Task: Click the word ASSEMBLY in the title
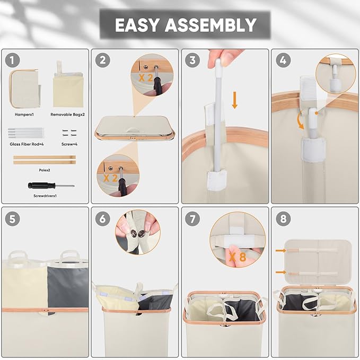pyautogui.click(x=210, y=25)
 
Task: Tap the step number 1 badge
pyautogui.click(x=12, y=60)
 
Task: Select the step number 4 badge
pyautogui.click(x=283, y=60)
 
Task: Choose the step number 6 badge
pyautogui.click(x=103, y=218)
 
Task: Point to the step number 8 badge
pyautogui.click(x=283, y=218)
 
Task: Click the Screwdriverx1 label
pyautogui.click(x=45, y=196)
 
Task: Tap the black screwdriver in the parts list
pyautogui.click(x=51, y=185)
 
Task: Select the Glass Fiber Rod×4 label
pyautogui.click(x=27, y=144)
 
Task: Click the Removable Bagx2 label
pyautogui.click(x=67, y=115)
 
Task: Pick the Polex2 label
pyautogui.click(x=45, y=170)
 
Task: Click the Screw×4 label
pyautogui.click(x=69, y=144)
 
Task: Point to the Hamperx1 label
pyautogui.click(x=24, y=115)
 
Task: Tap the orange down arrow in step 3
pyautogui.click(x=234, y=100)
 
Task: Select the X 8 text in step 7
pyautogui.click(x=238, y=257)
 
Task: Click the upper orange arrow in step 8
pyautogui.click(x=281, y=250)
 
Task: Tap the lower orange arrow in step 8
pyautogui.click(x=281, y=273)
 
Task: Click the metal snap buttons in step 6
pyautogui.click(x=138, y=233)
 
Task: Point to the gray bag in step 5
pyautogui.click(x=68, y=286)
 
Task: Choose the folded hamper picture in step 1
pyautogui.click(x=24, y=89)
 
